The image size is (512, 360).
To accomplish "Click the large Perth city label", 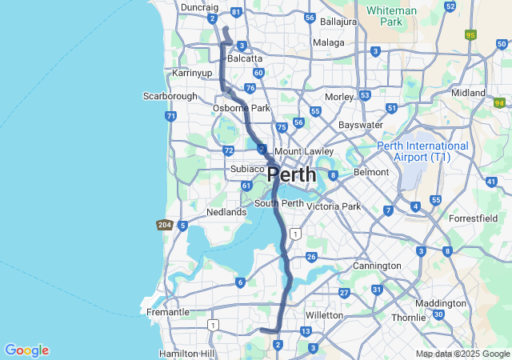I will coord(291,174).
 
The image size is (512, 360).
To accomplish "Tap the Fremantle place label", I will coord(168,312).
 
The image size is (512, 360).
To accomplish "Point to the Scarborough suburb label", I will coord(170,96).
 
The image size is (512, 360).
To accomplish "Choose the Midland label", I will coord(468,93).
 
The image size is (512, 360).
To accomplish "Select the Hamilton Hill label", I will coord(187,353).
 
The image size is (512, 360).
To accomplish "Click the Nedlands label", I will coord(226,212).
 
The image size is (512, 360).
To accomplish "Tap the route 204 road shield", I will coord(165,225).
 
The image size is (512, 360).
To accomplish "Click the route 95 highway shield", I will coord(470,35).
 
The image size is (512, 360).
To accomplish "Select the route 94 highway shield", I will coord(501,102).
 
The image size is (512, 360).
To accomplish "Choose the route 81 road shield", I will coord(235,13).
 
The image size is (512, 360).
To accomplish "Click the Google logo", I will coord(26,350).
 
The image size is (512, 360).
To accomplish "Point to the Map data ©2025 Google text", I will coord(462,354).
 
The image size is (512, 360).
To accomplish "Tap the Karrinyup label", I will coord(191,73).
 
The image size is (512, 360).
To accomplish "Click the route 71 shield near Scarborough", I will coord(170,116).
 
